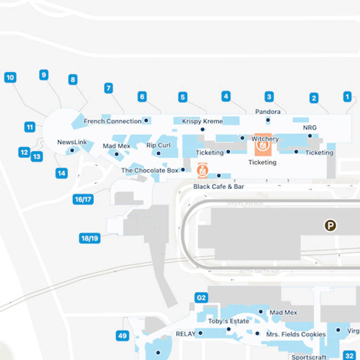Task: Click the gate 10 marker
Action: (10, 77)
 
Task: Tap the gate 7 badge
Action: (109, 88)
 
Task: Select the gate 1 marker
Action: (348, 96)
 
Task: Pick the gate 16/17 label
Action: (83, 199)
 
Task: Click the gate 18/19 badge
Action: (90, 238)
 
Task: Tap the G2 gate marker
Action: (201, 298)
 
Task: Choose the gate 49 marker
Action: (122, 336)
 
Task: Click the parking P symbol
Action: (330, 226)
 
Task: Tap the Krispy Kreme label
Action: (203, 121)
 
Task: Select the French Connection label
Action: (113, 121)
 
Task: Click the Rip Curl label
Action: (158, 145)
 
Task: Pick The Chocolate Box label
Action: (150, 170)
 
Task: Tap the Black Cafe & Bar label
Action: (219, 186)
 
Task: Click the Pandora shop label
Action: (268, 112)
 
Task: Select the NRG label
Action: (310, 128)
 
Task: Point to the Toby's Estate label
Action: (228, 322)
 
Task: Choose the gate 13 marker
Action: (37, 156)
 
